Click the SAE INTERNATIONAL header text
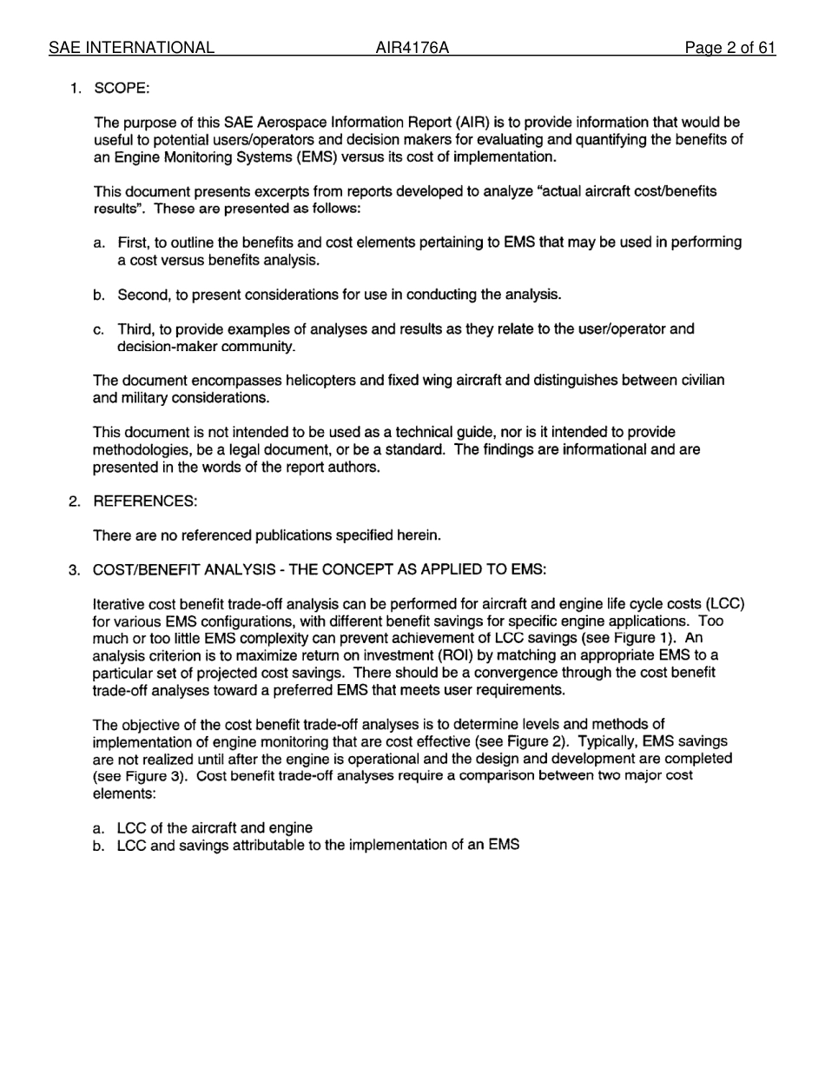[131, 48]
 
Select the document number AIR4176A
[412, 48]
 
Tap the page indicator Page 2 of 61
[729, 48]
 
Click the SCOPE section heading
[122, 89]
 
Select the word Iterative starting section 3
[121, 604]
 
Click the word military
[135, 398]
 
